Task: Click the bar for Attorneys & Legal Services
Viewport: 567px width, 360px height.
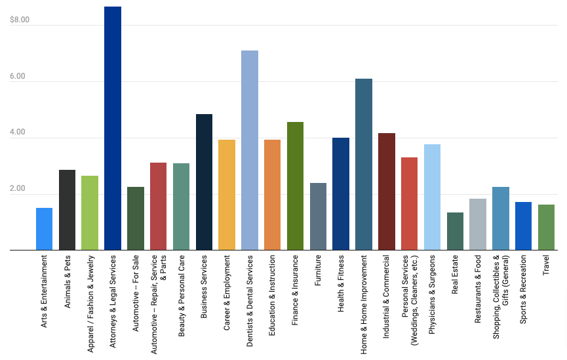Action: [113, 129]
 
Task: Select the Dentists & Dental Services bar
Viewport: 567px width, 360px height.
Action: [250, 150]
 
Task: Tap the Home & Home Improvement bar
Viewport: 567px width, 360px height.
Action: [364, 164]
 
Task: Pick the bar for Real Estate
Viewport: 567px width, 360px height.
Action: [455, 231]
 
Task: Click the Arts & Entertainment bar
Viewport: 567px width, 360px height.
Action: [44, 229]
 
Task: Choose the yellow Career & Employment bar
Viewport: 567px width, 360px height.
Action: [227, 195]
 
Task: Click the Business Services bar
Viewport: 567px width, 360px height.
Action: [204, 182]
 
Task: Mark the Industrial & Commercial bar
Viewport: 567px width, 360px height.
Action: [387, 191]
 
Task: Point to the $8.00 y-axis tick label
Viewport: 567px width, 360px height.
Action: [20, 20]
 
